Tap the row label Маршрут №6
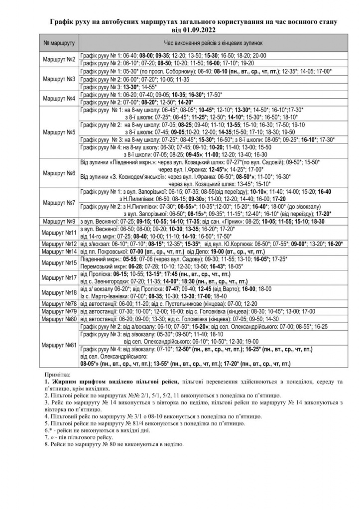[x=59, y=173]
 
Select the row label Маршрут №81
[x=59, y=345]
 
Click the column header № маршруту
[x=59, y=43]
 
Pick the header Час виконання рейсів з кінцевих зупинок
[x=214, y=43]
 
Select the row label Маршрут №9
[x=59, y=221]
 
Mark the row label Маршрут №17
[x=59, y=277]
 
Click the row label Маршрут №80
[x=59, y=318]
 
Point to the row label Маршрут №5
[x=59, y=132]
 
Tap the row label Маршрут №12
[x=59, y=244]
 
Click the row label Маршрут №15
[x=59, y=262]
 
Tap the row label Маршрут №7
[x=59, y=203]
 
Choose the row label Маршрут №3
[x=59, y=79]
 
